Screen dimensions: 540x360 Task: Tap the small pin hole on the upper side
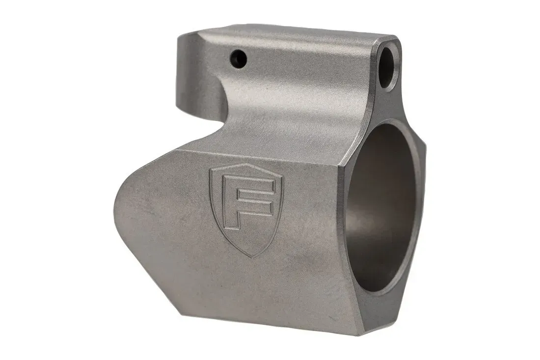click(240, 57)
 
